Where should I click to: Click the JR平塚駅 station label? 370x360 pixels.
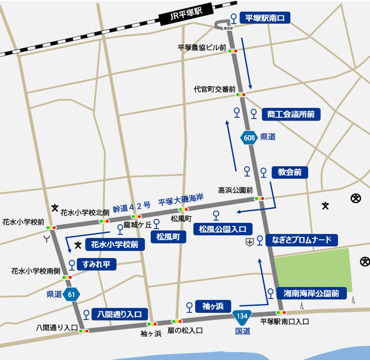(x=184, y=15)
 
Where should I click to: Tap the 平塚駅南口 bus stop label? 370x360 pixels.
(x=265, y=18)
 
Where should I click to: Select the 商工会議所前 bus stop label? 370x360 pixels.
(x=290, y=114)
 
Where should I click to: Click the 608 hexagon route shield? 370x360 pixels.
(x=249, y=137)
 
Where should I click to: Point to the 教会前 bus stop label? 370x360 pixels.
(x=290, y=172)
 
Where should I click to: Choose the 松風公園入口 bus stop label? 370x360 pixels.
(x=223, y=229)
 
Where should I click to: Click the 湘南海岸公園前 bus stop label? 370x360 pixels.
(x=311, y=294)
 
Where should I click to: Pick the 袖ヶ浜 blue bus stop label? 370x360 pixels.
(x=213, y=306)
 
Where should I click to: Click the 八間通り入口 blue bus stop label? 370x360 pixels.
(x=120, y=314)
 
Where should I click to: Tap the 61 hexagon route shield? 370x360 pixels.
(x=72, y=295)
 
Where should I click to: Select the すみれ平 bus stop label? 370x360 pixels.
(x=96, y=265)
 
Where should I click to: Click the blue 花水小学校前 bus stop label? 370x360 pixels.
(x=114, y=244)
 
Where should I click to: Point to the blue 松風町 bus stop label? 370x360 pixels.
(x=168, y=237)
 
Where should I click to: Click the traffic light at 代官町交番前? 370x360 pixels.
(x=241, y=95)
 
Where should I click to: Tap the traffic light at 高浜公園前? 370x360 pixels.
(x=259, y=198)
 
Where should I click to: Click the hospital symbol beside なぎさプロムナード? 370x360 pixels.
(x=250, y=242)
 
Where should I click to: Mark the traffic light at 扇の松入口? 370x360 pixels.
(x=177, y=321)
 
